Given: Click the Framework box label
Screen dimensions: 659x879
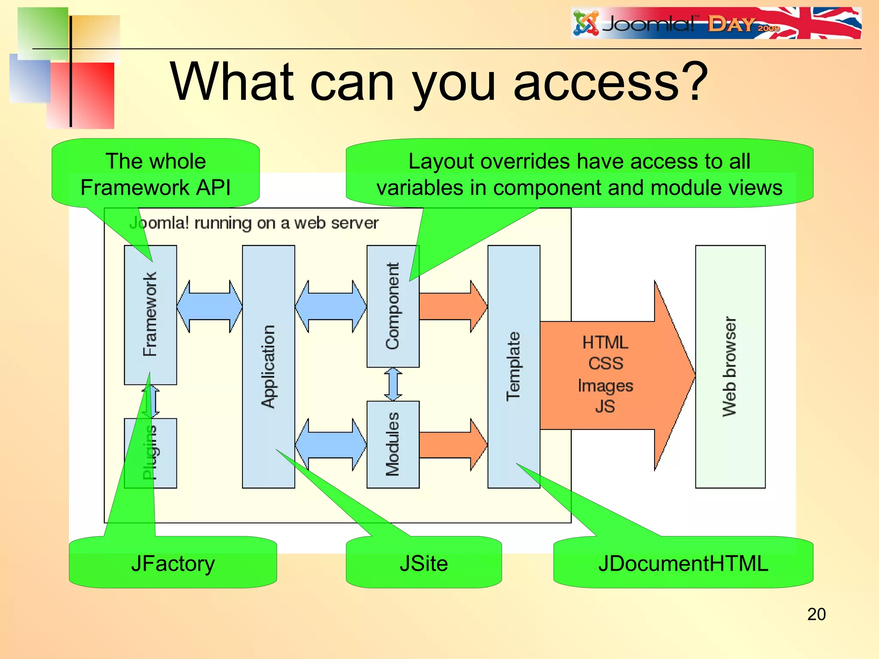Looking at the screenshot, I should [x=150, y=314].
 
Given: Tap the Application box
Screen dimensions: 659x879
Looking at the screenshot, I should [x=268, y=366].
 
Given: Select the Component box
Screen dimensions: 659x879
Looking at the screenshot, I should [x=393, y=305].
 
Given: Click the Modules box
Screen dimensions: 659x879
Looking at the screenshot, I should [x=393, y=444].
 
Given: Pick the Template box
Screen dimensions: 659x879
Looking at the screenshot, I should [x=513, y=366].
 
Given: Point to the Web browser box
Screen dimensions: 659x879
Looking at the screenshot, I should [x=730, y=366].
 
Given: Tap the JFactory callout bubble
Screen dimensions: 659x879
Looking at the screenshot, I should [x=173, y=563].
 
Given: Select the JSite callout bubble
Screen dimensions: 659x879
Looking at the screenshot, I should [x=424, y=563].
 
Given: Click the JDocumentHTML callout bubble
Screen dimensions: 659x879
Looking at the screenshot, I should [x=683, y=563].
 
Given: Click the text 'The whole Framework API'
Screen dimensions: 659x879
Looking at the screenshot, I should [x=155, y=174].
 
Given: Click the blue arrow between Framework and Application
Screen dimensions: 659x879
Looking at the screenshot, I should [x=209, y=306].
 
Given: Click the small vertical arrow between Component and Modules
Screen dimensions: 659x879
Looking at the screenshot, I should [x=393, y=384].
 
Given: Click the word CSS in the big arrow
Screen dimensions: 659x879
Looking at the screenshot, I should [x=605, y=364].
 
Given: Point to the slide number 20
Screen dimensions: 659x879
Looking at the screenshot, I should [x=816, y=614].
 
